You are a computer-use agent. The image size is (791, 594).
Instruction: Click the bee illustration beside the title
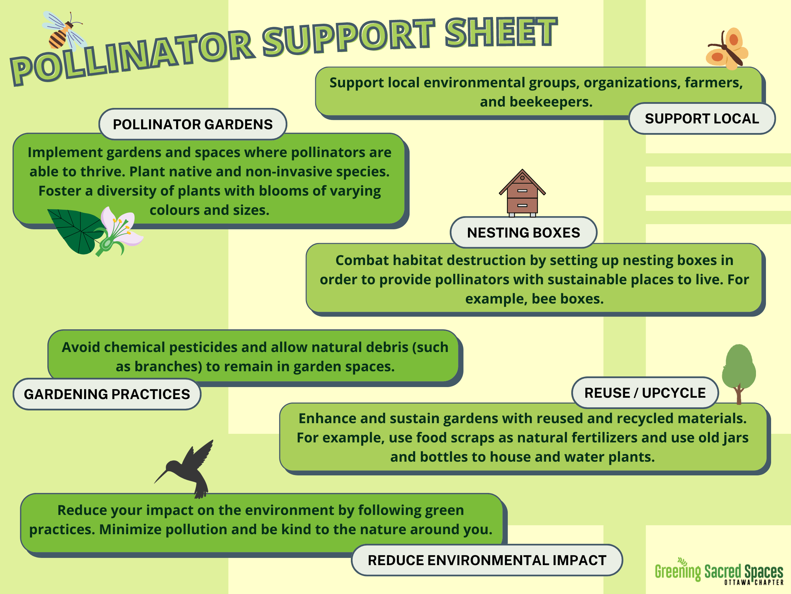point(64,31)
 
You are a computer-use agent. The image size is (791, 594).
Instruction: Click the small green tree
point(738,372)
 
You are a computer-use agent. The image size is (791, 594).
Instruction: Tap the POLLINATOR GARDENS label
point(193,124)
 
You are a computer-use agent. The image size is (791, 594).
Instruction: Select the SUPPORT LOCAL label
point(702,119)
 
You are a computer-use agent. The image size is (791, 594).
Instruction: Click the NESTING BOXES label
point(523,233)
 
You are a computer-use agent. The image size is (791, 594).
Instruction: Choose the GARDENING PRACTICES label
point(107,394)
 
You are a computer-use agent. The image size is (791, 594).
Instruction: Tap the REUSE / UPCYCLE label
point(645,393)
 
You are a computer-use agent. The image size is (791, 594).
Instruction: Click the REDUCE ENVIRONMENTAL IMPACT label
point(487,560)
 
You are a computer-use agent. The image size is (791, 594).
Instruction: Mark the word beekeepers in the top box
point(551,102)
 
